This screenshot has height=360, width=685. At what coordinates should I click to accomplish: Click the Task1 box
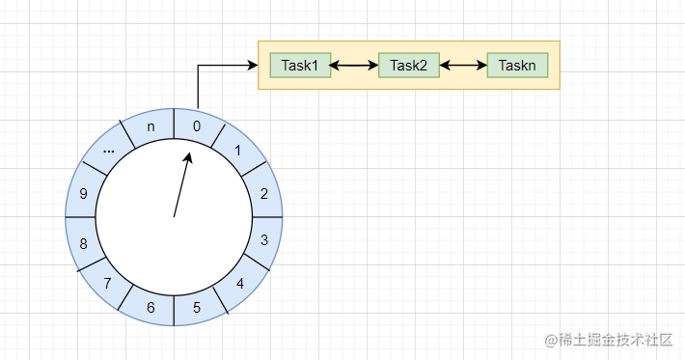300,66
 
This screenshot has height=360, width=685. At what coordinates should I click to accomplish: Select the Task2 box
409,66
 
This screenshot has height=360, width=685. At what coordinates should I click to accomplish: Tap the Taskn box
518,66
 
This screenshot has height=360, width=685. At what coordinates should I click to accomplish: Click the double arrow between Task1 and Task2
354,66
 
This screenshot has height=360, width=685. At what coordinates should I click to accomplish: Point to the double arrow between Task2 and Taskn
463,66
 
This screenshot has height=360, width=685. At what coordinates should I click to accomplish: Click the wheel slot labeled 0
197,126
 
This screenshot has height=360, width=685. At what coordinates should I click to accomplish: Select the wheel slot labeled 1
238,152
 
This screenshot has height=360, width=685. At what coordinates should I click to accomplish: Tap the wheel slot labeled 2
263,193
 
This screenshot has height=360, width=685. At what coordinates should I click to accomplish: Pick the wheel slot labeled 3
264,240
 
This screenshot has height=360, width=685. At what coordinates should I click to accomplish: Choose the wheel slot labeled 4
239,284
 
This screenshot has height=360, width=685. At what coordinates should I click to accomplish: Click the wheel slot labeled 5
197,308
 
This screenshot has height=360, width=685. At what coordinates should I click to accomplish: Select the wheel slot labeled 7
107,283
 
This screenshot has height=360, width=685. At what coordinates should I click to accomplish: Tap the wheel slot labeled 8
84,243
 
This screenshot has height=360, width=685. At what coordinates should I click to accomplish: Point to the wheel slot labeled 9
84,193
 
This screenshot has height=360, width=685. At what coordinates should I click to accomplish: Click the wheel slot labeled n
150,126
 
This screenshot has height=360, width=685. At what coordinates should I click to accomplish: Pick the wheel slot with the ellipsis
108,151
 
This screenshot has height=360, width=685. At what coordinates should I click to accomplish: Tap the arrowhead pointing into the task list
253,66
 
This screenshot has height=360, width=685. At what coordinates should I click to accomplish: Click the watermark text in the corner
608,340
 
